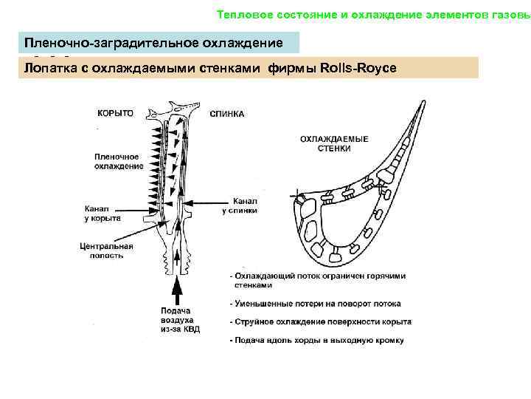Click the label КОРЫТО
point(116,113)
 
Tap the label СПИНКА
point(227,114)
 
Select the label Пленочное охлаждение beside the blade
point(118,161)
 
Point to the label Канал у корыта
point(103,214)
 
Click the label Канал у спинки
point(240,205)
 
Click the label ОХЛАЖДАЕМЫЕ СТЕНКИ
point(330,143)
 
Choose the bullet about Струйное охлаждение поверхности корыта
point(320,322)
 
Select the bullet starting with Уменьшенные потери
point(315,304)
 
